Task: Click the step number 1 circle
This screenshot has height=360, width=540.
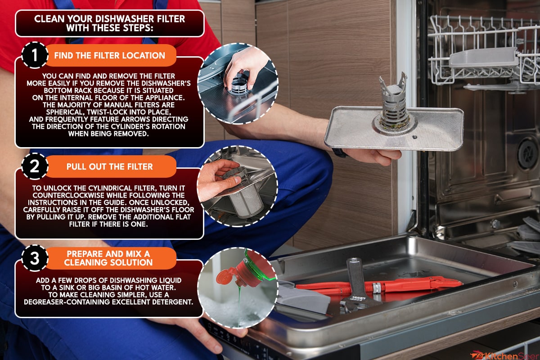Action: pyautogui.click(x=35, y=55)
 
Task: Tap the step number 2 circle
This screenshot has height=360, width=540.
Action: pyautogui.click(x=35, y=166)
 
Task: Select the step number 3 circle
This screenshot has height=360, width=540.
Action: pyautogui.click(x=35, y=258)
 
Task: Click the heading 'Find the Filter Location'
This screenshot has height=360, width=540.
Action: pyautogui.click(x=110, y=55)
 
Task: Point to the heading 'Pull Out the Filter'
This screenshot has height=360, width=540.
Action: pyautogui.click(x=110, y=166)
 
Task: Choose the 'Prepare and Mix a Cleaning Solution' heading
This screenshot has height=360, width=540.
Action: pyautogui.click(x=108, y=258)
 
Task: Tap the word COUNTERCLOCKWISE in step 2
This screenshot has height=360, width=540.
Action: pyautogui.click(x=69, y=195)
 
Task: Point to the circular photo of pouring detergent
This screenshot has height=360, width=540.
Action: pyautogui.click(x=238, y=288)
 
